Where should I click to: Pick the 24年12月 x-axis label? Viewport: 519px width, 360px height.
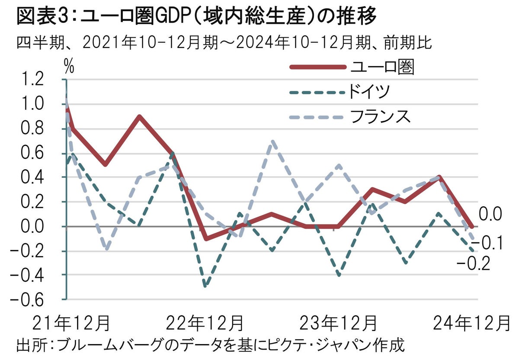(x=471, y=324)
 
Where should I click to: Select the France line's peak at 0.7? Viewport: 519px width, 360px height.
(x=272, y=141)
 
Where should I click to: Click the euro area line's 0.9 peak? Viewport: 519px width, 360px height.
(x=139, y=116)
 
